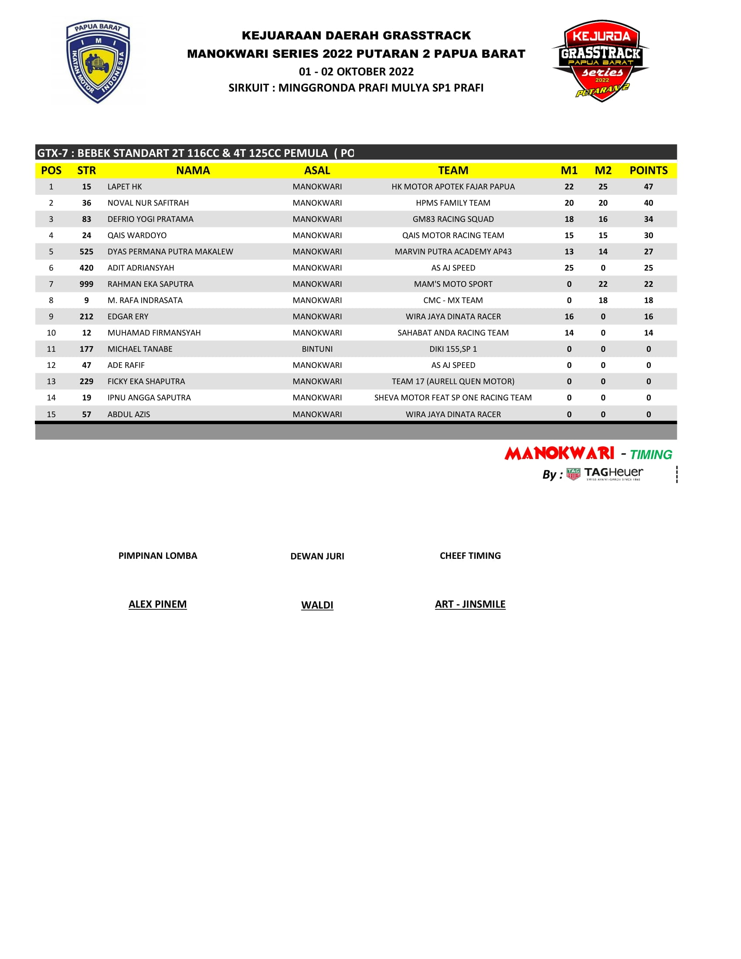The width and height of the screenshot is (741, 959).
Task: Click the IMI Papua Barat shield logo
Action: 98,61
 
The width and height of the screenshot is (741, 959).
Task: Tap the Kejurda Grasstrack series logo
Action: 601,61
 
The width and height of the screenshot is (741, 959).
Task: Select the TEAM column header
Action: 453,170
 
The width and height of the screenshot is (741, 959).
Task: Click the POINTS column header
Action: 649,170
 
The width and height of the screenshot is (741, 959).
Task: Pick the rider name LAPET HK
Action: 125,187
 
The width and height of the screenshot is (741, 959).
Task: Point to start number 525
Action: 86,252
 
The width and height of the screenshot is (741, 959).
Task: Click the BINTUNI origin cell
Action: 317,349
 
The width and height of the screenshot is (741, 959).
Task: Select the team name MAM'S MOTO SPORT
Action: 453,284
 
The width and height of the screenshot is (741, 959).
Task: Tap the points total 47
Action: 649,187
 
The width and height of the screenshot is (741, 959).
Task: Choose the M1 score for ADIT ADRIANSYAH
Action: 569,268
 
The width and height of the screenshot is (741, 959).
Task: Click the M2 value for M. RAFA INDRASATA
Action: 603,300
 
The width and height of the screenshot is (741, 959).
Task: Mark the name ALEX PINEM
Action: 158,604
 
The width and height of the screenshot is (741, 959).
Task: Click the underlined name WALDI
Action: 317,605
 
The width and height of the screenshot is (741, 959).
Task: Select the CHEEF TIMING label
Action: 470,556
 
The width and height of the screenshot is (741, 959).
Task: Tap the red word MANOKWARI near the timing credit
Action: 559,454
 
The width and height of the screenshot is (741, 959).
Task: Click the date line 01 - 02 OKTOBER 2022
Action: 356,71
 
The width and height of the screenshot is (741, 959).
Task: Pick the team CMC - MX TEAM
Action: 453,300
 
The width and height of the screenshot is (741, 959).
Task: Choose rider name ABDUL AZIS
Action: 129,415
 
